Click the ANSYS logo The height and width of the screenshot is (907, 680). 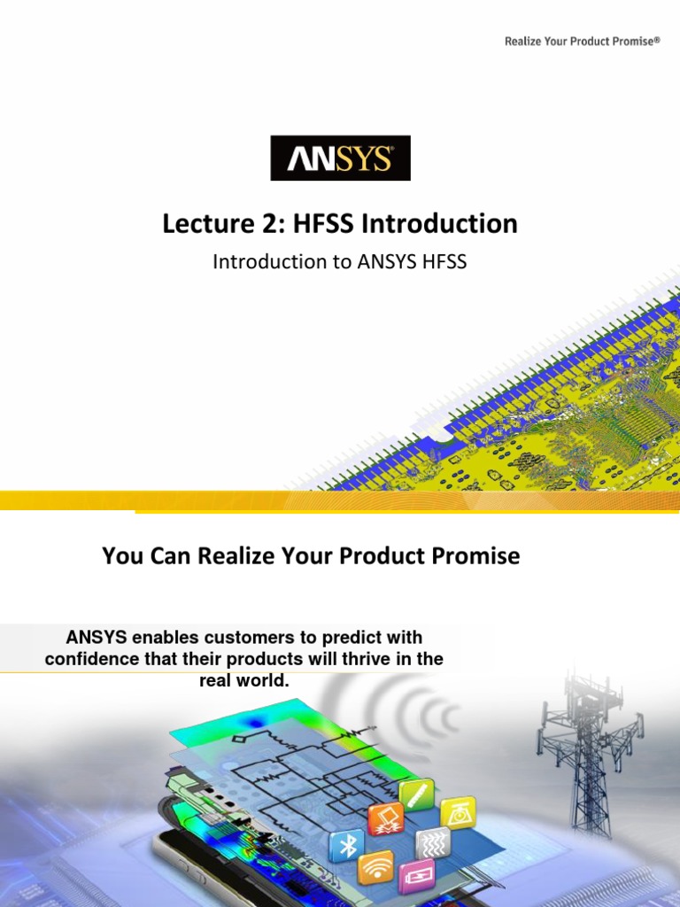click(x=340, y=159)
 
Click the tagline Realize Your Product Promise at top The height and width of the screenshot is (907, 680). click(x=582, y=42)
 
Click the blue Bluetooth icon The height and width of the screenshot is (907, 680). click(x=346, y=846)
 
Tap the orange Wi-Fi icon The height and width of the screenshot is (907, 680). click(x=375, y=867)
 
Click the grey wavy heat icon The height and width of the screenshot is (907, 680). click(x=432, y=842)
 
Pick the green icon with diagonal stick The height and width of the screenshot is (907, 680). click(x=416, y=795)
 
